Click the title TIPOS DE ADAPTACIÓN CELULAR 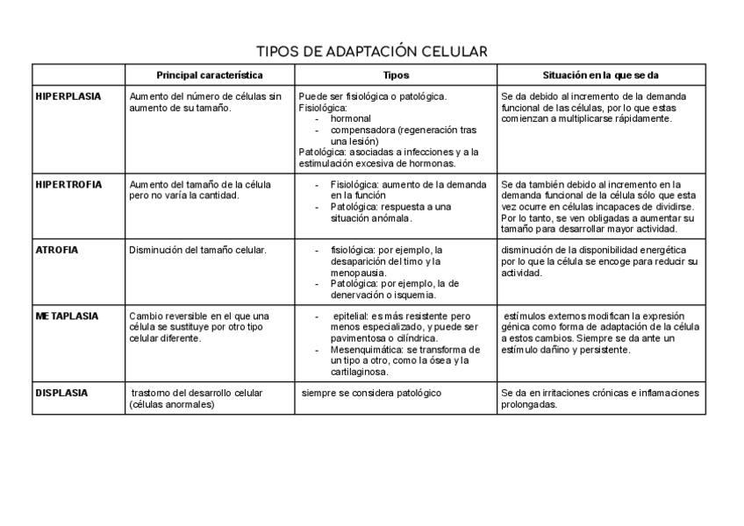click(371, 52)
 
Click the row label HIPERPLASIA click(68, 96)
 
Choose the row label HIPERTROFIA click(68, 184)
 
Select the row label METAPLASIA click(67, 316)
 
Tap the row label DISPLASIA click(61, 393)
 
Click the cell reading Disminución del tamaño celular click(197, 250)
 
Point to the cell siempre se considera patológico click(371, 393)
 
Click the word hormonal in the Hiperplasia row click(351, 118)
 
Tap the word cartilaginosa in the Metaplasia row click(360, 372)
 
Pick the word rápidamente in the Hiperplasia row click(643, 118)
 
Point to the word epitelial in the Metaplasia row click(350, 316)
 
